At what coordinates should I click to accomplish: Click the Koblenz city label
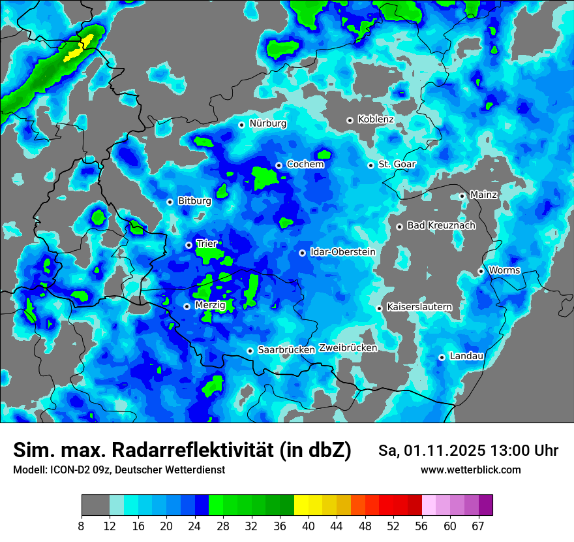[x=376, y=120]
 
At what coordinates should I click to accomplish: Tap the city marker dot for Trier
[x=189, y=245]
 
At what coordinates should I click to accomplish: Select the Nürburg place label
[x=267, y=123]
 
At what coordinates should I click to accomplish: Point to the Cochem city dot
[x=279, y=165]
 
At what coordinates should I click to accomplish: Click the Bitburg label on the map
[x=194, y=201]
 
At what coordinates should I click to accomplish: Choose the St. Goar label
[x=397, y=165]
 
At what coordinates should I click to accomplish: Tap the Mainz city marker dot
[x=462, y=196]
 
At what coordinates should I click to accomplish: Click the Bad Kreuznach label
[x=441, y=225]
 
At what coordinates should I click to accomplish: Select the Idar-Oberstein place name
[x=342, y=252]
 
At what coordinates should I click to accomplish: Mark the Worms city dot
[x=481, y=271]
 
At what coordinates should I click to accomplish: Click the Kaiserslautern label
[x=419, y=307]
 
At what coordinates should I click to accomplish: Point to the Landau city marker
[x=442, y=357]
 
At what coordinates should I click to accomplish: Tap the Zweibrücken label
[x=348, y=348]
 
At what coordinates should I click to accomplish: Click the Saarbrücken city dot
[x=250, y=351]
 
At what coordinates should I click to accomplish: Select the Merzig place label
[x=210, y=306]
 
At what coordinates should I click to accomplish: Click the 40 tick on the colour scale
[x=309, y=525]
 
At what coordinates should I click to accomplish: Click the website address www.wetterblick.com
[x=470, y=470]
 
